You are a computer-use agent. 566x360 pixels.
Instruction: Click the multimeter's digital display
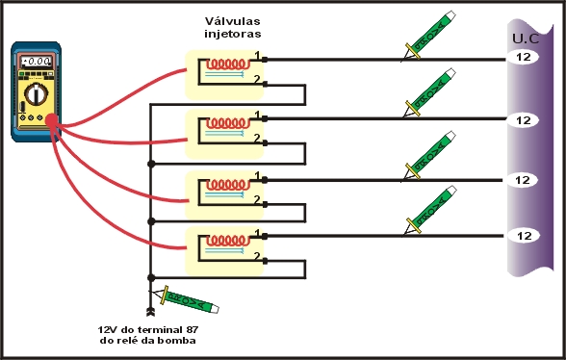[x=36, y=63]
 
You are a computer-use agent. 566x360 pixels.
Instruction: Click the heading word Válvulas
[x=232, y=20]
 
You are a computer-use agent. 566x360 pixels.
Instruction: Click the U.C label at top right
[x=525, y=39]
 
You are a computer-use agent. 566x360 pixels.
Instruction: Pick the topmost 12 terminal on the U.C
[x=524, y=58]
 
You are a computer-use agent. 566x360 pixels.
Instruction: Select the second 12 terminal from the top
[x=524, y=120]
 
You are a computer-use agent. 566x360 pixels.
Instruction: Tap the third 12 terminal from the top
[x=524, y=180]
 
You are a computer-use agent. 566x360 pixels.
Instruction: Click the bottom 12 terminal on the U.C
[x=524, y=235]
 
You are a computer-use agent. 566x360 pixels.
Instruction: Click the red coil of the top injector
[x=230, y=64]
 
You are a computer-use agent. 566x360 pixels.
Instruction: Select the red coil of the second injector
[x=230, y=124]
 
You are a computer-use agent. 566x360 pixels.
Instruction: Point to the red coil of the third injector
[x=230, y=184]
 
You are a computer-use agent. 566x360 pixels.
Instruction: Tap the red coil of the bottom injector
[x=230, y=242]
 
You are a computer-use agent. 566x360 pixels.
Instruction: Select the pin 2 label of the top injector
[x=256, y=82]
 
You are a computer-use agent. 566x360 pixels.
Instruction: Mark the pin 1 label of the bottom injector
[x=256, y=232]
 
